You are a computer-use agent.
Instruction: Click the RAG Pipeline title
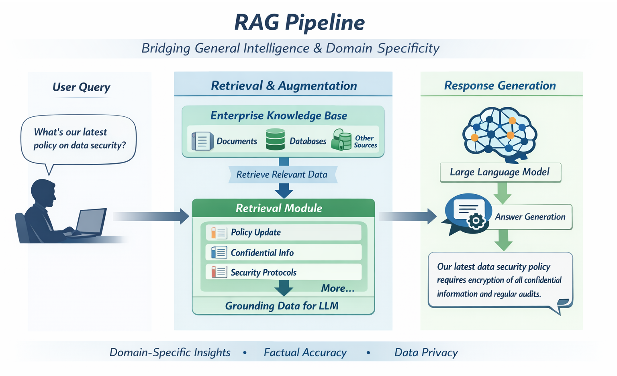point(300,22)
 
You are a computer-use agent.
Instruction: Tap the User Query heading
point(81,87)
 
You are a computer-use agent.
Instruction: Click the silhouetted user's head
point(43,192)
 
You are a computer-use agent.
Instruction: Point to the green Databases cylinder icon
point(275,139)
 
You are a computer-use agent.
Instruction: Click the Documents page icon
point(202,141)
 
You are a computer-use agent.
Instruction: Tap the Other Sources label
point(365,142)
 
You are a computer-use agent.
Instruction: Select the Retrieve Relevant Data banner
point(283,175)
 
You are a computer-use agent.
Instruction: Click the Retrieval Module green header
point(284,208)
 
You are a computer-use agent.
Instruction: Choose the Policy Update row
point(284,232)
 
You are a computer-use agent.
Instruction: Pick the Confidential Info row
point(284,252)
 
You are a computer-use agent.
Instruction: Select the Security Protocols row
point(284,272)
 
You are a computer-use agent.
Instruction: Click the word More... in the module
point(338,288)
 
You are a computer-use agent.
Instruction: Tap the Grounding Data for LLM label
point(282,306)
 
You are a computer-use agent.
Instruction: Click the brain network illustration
point(500,134)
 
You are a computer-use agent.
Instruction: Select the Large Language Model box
point(501,172)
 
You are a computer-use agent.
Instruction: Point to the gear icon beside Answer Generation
point(476,221)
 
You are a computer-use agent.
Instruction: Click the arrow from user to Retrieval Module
point(151,216)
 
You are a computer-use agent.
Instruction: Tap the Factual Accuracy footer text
point(305,352)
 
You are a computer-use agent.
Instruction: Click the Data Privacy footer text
point(426,352)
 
